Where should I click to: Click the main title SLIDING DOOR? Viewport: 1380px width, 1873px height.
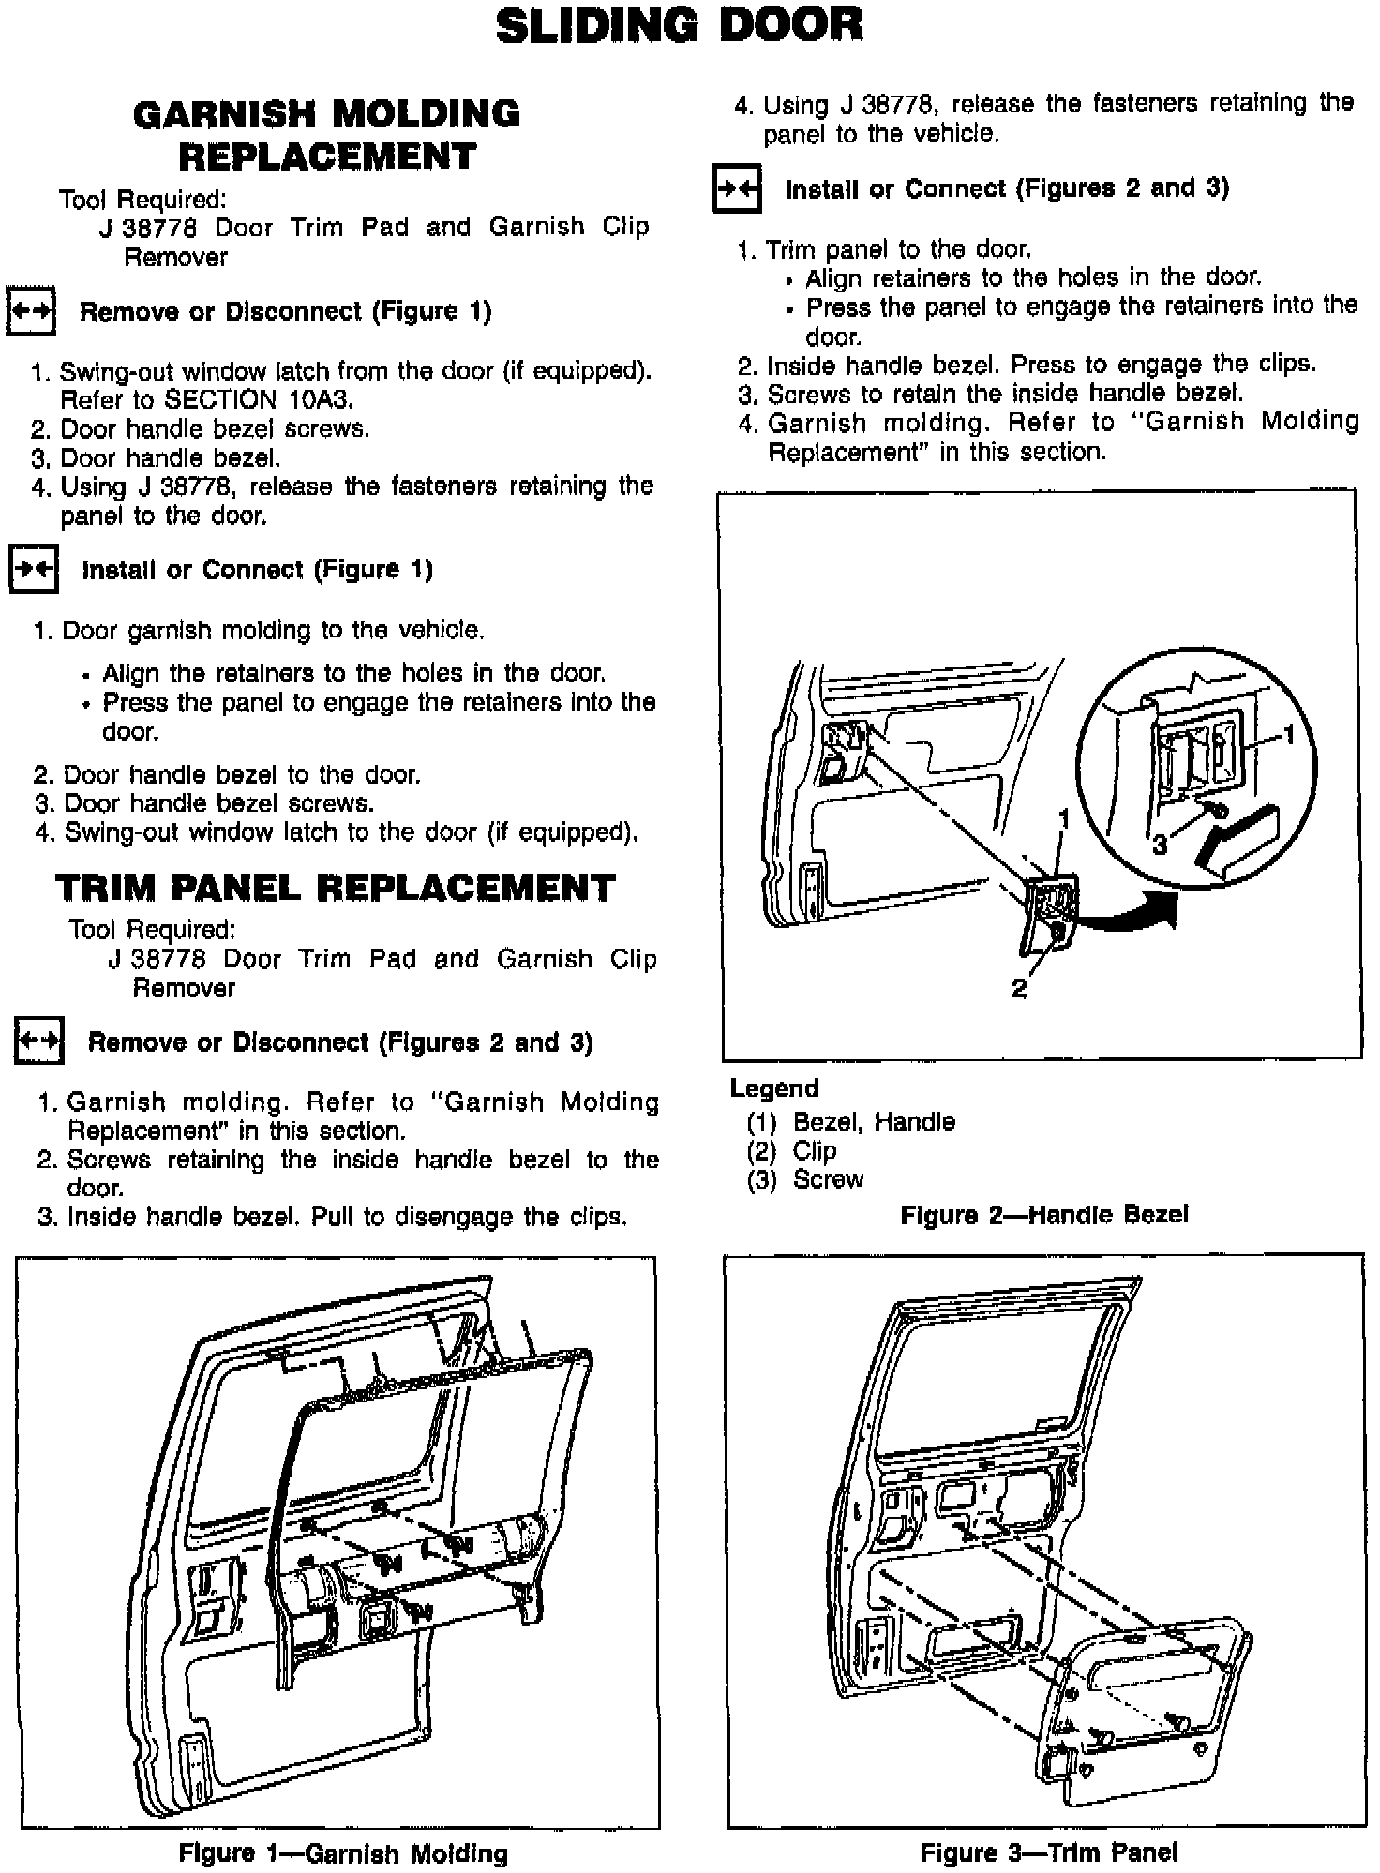point(679,26)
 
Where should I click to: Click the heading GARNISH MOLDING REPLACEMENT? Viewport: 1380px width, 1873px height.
point(327,135)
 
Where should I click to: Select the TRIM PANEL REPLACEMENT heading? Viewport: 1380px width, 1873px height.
point(336,888)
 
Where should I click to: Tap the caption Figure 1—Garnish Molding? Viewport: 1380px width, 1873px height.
point(343,1852)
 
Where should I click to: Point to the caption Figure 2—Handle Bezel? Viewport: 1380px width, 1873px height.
point(1043,1215)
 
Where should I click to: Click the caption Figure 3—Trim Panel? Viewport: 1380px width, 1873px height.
point(1048,1851)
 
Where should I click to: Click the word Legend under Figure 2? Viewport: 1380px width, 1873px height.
point(774,1088)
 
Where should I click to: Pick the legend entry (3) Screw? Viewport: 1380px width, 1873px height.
point(805,1179)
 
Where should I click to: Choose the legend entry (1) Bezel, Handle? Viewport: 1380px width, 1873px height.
point(850,1121)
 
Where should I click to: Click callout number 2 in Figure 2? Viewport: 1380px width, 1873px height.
point(1019,988)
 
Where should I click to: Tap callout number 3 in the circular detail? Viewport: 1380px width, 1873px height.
point(1160,845)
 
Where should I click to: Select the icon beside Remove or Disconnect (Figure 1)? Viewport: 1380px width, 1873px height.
point(31,310)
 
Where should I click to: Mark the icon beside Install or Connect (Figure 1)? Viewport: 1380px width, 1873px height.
point(33,569)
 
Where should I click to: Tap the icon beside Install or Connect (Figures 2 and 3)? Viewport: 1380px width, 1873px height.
point(737,188)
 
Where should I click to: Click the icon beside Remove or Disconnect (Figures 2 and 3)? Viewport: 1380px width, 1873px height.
point(38,1041)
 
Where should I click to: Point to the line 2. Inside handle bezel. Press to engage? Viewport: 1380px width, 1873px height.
point(1027,364)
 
